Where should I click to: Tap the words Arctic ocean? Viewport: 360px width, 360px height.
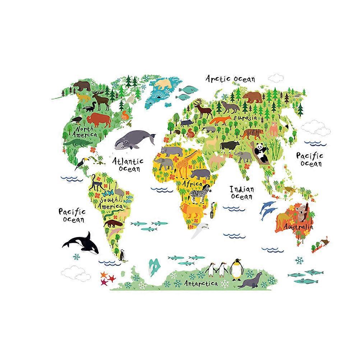point(230,78)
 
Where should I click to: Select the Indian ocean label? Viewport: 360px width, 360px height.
point(242,192)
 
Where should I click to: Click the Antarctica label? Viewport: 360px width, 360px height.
point(201,284)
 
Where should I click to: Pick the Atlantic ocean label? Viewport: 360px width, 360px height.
point(127,165)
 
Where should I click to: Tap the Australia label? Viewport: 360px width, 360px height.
point(298,227)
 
